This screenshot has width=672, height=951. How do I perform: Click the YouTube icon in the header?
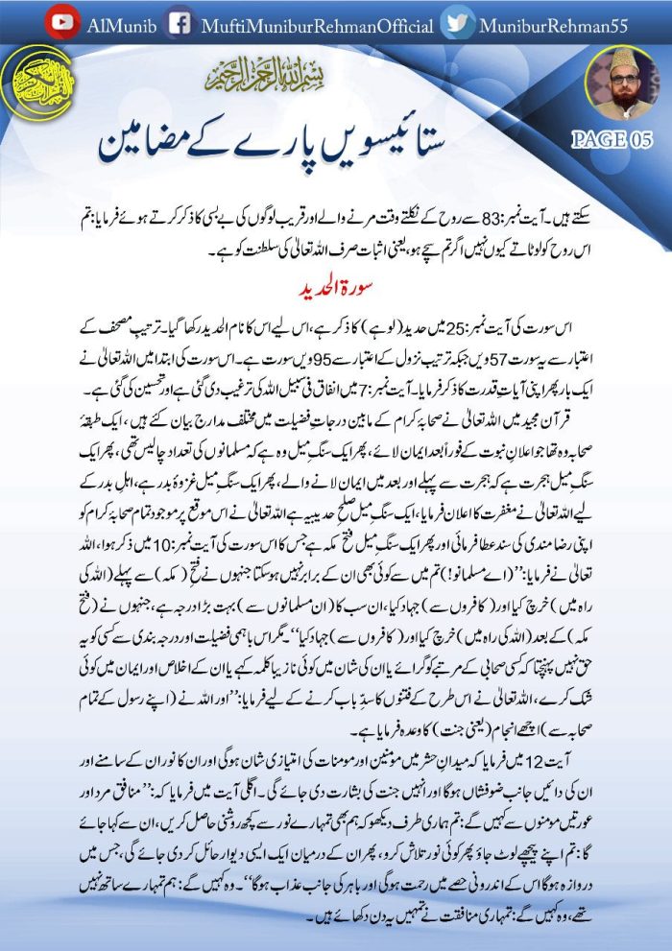coord(63,23)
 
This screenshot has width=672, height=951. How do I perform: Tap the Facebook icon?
coord(178,23)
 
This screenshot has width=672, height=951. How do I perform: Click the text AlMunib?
coord(118,24)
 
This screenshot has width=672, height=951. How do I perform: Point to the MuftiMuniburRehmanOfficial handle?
coord(317,24)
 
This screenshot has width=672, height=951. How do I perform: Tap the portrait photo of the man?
coord(623,85)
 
